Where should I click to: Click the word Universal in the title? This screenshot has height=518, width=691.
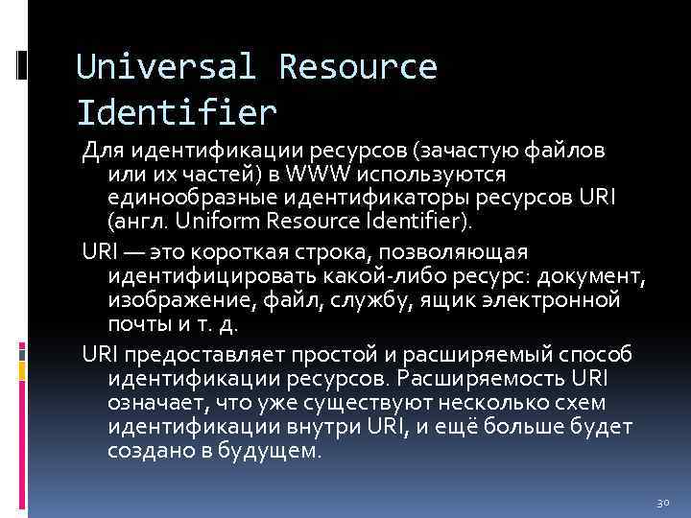click(165, 68)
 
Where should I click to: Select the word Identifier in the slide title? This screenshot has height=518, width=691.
click(177, 112)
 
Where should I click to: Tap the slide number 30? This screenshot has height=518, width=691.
click(661, 502)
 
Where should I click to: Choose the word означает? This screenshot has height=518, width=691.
click(156, 403)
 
